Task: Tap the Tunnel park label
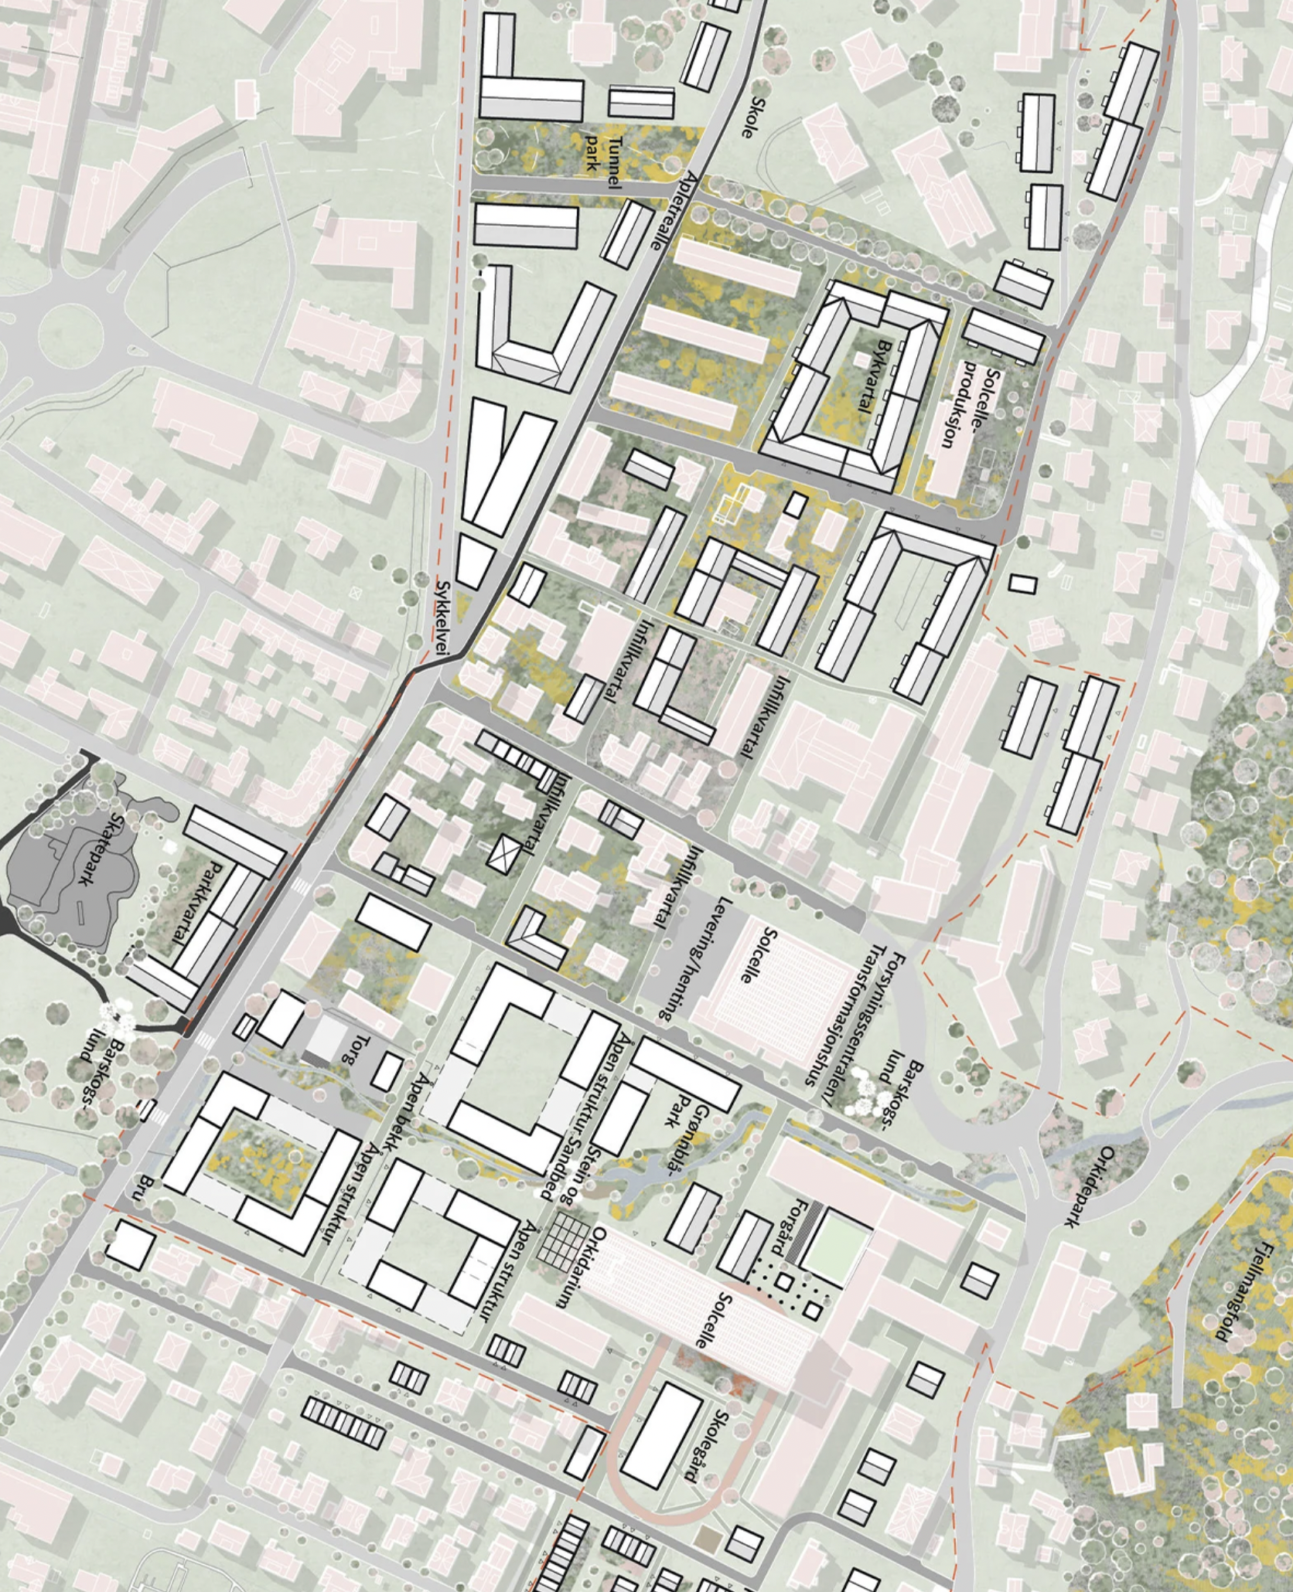click(x=604, y=155)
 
